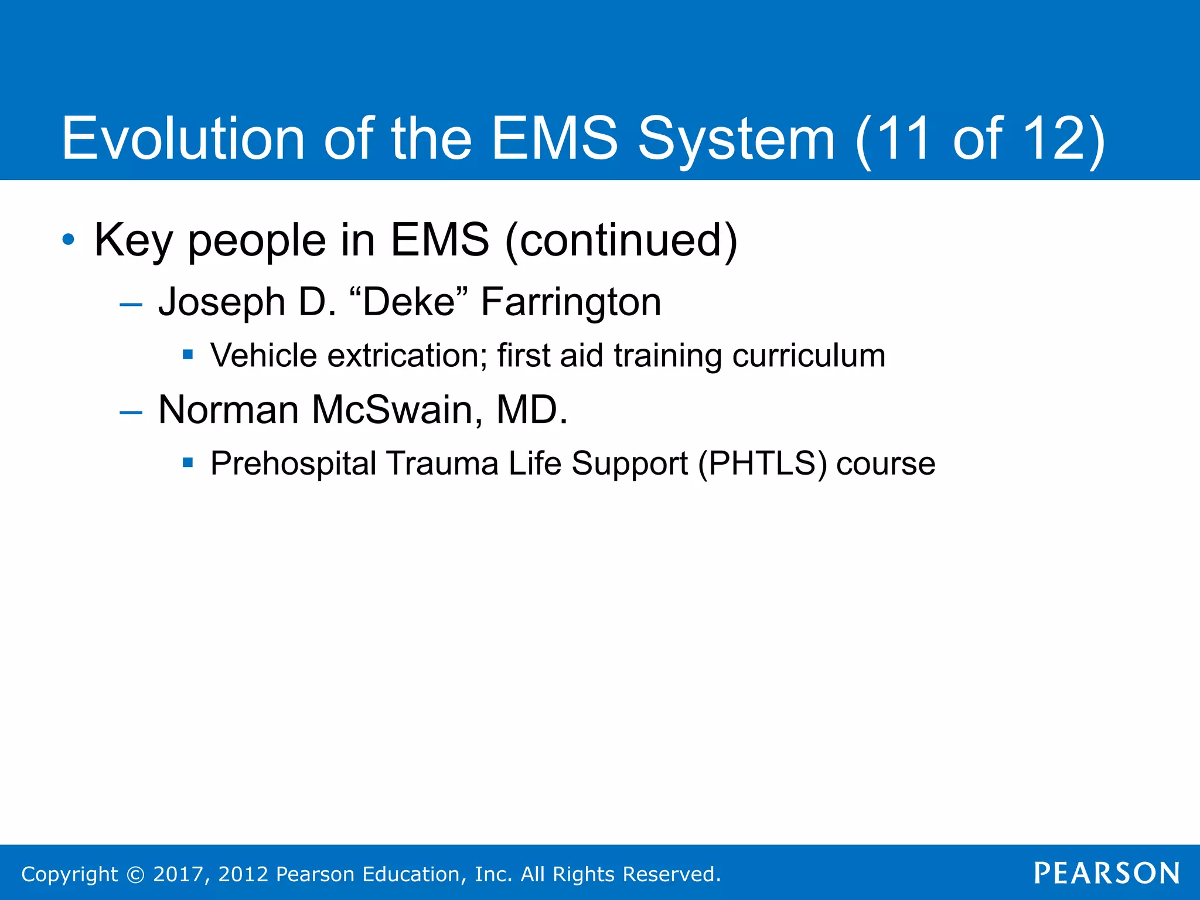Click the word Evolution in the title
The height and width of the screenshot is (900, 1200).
[183, 138]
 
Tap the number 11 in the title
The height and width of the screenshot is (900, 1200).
[903, 138]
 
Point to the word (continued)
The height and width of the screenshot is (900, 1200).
[621, 240]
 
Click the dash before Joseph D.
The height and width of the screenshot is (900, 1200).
[130, 304]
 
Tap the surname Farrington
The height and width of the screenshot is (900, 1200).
[571, 303]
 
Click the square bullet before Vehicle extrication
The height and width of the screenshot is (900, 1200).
[187, 354]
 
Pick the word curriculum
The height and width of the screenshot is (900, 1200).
[809, 356]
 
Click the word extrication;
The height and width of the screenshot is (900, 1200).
[407, 356]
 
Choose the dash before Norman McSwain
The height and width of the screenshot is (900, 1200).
[130, 412]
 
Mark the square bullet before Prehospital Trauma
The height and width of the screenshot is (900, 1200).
[187, 463]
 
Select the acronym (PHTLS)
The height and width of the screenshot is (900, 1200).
[762, 464]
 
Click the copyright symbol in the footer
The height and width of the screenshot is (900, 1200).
[135, 874]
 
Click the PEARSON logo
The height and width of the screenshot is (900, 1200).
[1107, 874]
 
